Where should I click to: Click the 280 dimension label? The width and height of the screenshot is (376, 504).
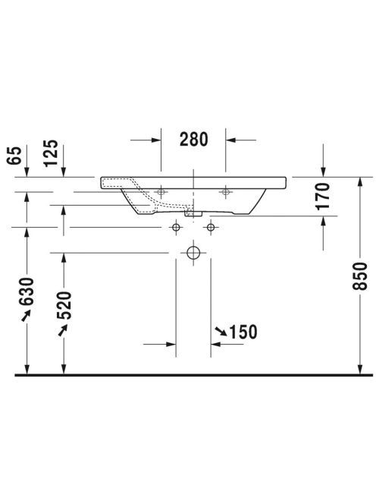[193, 139]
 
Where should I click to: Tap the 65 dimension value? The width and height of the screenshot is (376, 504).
[14, 156]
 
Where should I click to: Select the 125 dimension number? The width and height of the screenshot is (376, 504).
[51, 153]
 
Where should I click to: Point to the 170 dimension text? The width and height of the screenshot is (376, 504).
[323, 197]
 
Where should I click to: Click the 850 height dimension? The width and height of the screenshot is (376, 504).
[359, 276]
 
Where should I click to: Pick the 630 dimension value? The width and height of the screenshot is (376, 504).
[27, 291]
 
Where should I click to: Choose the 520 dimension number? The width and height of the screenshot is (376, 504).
[64, 305]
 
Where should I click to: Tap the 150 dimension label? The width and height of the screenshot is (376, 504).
[243, 332]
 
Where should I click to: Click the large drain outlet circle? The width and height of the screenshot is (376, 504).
[193, 253]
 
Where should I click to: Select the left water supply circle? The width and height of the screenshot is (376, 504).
[176, 228]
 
